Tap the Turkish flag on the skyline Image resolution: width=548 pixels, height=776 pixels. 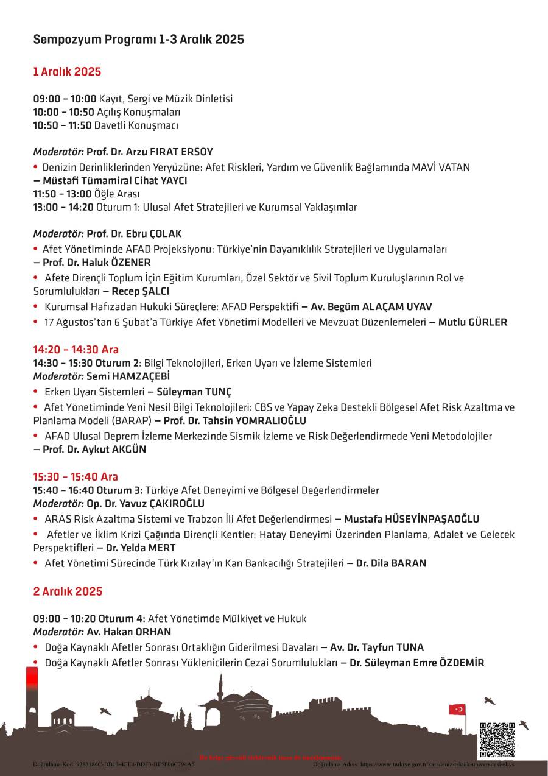tap(457, 709)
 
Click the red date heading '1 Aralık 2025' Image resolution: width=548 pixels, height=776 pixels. tap(67, 72)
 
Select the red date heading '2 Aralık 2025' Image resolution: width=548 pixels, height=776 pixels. tap(68, 591)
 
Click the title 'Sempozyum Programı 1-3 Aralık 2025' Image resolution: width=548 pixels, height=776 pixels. tap(138, 40)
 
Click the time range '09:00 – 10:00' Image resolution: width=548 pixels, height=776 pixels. tap(65, 99)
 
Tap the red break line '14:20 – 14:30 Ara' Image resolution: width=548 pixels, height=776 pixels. tap(76, 350)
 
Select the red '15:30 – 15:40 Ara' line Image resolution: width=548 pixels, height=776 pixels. tap(76, 476)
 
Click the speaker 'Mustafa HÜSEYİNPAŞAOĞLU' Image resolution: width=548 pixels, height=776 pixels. tap(412, 519)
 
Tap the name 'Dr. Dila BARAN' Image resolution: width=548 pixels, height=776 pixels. tap(391, 563)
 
